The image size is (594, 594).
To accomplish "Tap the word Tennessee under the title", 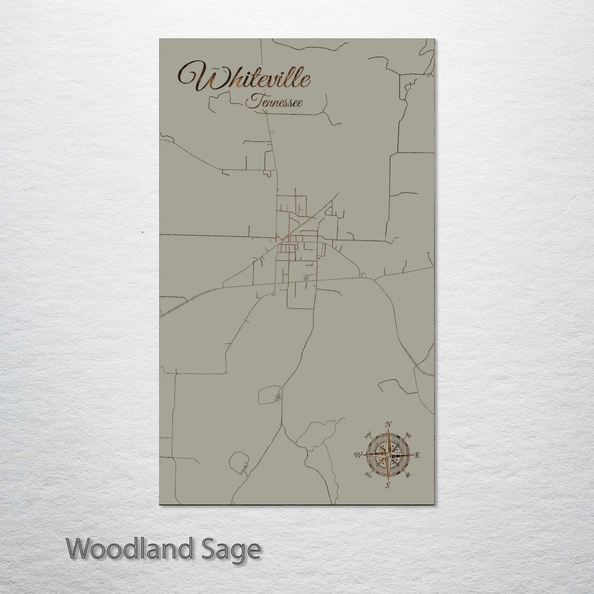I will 274,102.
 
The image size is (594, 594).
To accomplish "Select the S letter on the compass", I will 387,485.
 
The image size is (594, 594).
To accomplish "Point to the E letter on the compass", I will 417,455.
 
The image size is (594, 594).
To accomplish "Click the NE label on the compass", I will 408,435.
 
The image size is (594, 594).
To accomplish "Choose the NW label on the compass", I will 368,434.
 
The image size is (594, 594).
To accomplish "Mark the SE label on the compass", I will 408,475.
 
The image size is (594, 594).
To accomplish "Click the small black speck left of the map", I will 142,232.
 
